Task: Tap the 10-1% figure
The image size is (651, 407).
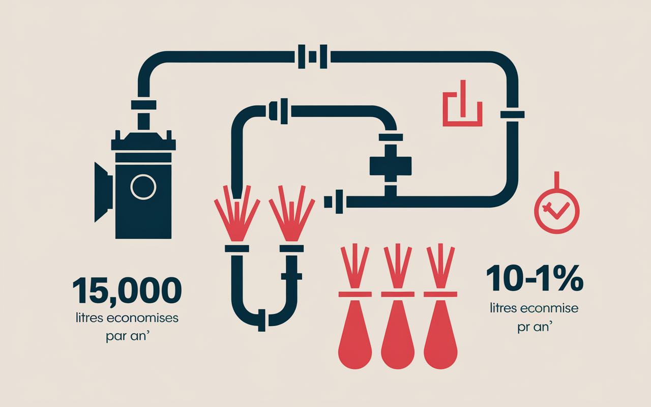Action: pyautogui.click(x=535, y=278)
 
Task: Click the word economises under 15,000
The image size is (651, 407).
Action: pyautogui.click(x=142, y=318)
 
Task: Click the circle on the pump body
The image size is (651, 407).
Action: pyautogui.click(x=143, y=187)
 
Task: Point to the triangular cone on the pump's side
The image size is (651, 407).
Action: pyautogui.click(x=103, y=192)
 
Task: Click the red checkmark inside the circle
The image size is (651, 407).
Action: pyautogui.click(x=556, y=210)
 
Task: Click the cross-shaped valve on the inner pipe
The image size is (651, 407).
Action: pyautogui.click(x=390, y=166)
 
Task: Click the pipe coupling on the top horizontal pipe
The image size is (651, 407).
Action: pyautogui.click(x=313, y=56)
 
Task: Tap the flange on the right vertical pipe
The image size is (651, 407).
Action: pyautogui.click(x=512, y=114)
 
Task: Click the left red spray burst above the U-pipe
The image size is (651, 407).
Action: pyautogui.click(x=237, y=213)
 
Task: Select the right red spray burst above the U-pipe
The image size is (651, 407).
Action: pyautogui.click(x=292, y=213)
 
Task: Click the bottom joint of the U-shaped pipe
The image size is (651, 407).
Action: pyautogui.click(x=261, y=321)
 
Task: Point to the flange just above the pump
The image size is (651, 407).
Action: pyautogui.click(x=143, y=105)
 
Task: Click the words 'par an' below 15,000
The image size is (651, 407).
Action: pyautogui.click(x=128, y=336)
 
